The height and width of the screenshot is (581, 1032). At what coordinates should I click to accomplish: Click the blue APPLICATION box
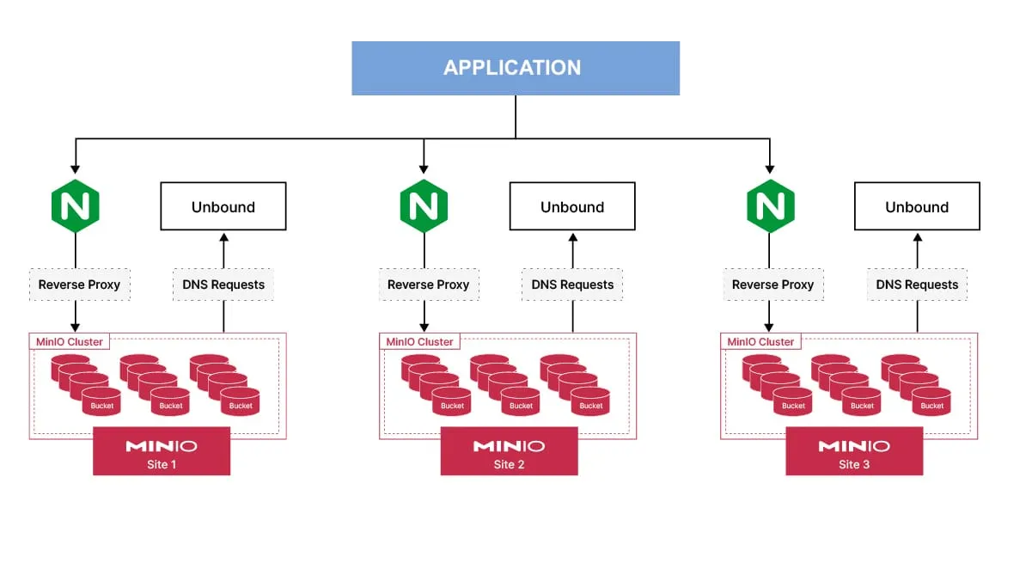tap(516, 68)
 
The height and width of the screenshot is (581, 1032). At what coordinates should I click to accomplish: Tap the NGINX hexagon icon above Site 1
tap(76, 206)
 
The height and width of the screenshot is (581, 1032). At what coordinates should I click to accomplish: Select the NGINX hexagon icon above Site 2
tap(424, 206)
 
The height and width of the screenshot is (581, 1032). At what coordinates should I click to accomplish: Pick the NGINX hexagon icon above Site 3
tap(770, 206)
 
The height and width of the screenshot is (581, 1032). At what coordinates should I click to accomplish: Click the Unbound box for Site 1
tap(223, 206)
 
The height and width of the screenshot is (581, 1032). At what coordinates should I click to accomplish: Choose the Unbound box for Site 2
tap(572, 206)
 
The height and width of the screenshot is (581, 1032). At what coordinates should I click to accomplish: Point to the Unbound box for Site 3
tap(917, 206)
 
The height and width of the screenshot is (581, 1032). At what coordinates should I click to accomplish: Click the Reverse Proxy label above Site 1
tap(80, 284)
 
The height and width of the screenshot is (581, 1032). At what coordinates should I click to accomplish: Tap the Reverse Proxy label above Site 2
tap(429, 284)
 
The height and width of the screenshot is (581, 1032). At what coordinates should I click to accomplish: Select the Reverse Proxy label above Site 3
tap(773, 284)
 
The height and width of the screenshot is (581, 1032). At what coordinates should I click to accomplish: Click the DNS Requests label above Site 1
tap(223, 284)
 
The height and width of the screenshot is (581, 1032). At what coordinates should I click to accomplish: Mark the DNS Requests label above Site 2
tap(572, 284)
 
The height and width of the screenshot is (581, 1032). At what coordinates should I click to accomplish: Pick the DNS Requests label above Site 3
tap(917, 284)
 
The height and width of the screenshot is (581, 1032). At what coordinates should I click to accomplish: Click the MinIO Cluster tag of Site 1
tap(70, 341)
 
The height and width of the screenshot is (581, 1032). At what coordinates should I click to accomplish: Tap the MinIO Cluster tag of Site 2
tap(419, 341)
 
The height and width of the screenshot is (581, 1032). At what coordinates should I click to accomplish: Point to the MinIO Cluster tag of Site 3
tap(760, 341)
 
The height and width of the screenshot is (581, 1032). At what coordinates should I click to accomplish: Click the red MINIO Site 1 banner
tap(162, 451)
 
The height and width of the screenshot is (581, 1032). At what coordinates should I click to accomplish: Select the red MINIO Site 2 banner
tap(509, 451)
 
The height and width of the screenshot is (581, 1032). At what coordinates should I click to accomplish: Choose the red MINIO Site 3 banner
tap(854, 451)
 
